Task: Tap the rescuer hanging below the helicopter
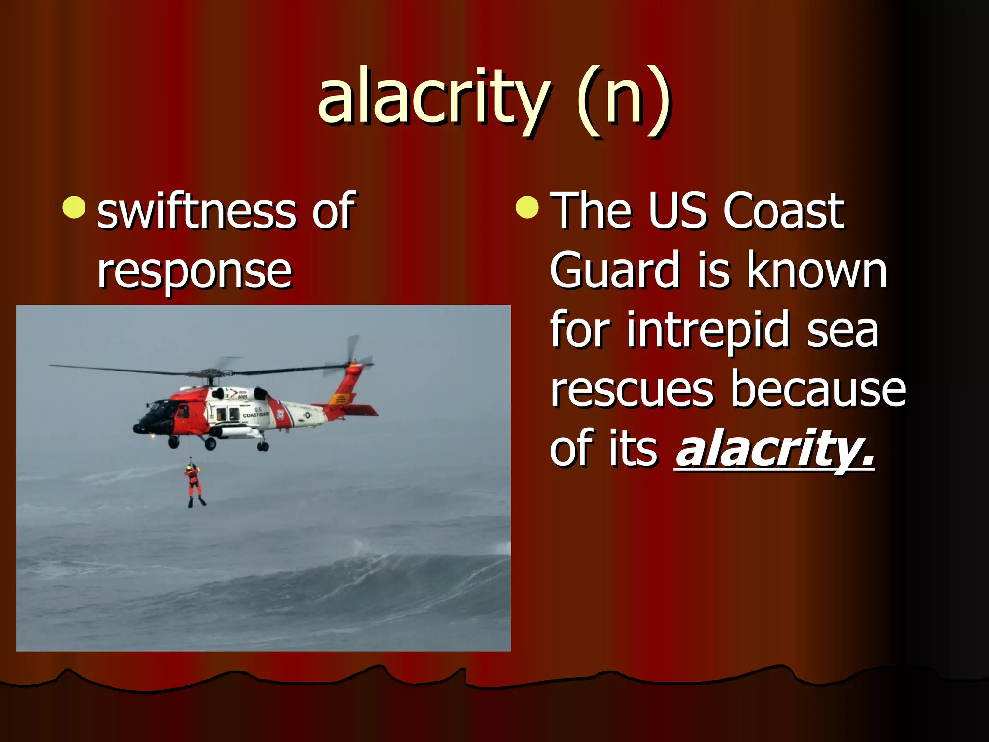coord(194,483)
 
